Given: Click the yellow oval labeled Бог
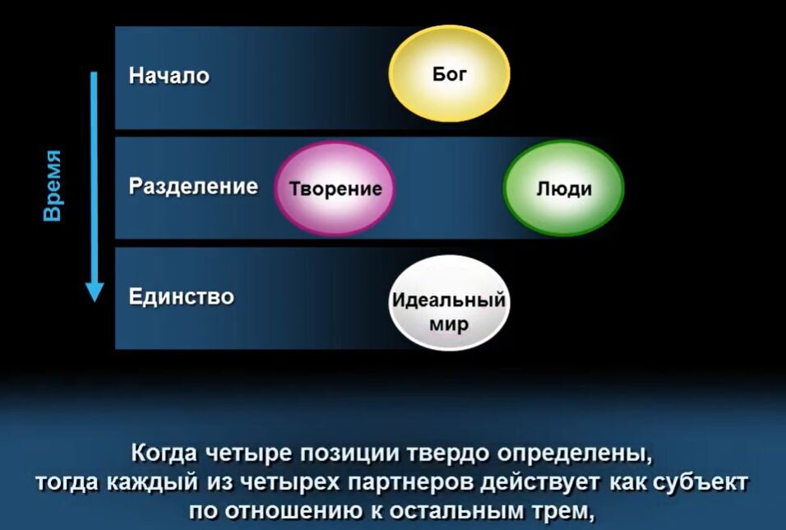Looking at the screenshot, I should click(x=448, y=75).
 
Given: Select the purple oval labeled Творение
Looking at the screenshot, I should click(x=335, y=188).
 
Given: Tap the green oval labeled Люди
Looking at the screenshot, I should click(x=564, y=188).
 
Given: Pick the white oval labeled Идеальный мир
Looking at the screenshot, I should click(x=448, y=311).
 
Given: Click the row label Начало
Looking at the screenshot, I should click(x=169, y=76).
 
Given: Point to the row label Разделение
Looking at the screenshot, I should click(x=193, y=187).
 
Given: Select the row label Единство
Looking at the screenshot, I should click(x=181, y=296).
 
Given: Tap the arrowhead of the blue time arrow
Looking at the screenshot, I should click(x=95, y=291).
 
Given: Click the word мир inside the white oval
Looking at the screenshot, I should click(x=448, y=323).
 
